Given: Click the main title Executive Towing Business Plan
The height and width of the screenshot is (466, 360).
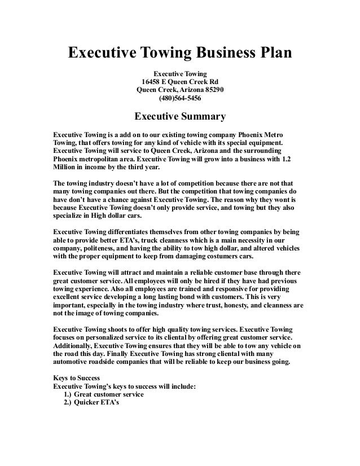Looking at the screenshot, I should point(180,54).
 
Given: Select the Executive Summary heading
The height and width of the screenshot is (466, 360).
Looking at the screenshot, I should point(179,117).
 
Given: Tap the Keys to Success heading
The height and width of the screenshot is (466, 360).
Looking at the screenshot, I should point(76,377).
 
